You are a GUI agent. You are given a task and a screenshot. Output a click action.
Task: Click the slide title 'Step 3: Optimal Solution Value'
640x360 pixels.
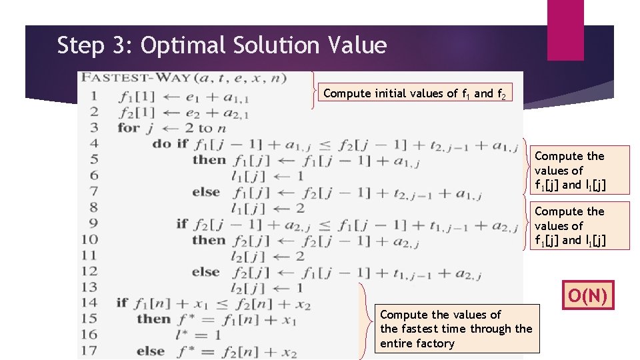(x=222, y=45)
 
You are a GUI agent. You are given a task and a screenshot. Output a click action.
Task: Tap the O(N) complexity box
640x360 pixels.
(x=588, y=295)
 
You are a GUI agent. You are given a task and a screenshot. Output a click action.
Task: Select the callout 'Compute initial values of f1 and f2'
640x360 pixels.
(x=418, y=93)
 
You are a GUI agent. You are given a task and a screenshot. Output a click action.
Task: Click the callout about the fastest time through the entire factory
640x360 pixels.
(x=456, y=329)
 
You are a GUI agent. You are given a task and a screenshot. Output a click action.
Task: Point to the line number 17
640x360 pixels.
(x=89, y=350)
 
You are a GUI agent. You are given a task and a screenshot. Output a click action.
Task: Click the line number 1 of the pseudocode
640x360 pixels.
(x=93, y=96)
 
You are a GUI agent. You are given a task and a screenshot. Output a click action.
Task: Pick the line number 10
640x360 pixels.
(x=89, y=239)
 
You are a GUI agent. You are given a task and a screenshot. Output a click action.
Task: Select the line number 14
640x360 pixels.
(x=89, y=303)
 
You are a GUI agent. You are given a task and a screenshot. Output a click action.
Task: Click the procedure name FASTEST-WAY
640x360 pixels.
(x=133, y=78)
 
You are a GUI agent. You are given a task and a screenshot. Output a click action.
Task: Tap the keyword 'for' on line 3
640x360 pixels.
(x=128, y=127)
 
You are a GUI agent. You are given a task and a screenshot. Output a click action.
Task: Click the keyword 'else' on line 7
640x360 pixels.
(x=206, y=192)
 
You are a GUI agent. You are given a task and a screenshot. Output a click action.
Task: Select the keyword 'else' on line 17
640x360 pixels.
(x=150, y=350)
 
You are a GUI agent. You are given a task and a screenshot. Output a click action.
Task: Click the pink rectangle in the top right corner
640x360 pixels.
(x=565, y=30)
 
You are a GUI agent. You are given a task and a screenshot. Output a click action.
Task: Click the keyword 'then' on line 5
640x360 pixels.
(x=209, y=160)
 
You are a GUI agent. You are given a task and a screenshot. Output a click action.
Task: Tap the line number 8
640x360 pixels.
(x=93, y=207)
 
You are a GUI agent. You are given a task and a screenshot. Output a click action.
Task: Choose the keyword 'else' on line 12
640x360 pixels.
(x=206, y=271)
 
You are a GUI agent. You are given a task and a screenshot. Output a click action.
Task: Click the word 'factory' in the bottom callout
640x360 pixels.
(x=417, y=343)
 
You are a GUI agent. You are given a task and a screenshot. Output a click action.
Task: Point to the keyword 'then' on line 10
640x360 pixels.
(x=209, y=239)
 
